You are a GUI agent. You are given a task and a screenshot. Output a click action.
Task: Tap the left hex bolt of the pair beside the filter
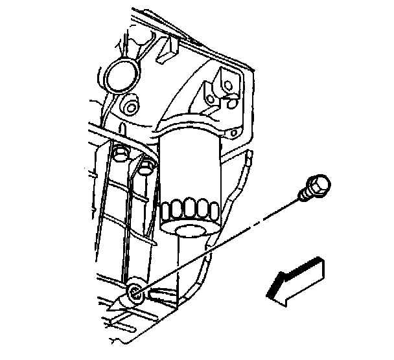click(x=119, y=154)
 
